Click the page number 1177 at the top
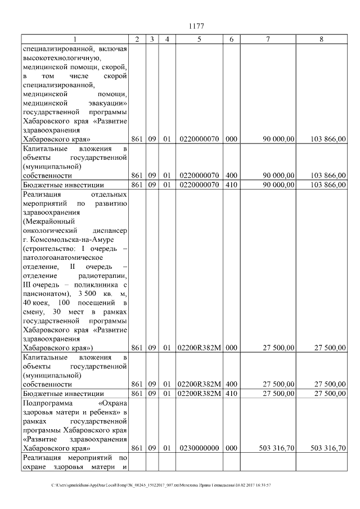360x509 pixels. pyautogui.click(x=196, y=26)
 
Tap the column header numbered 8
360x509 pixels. pyautogui.click(x=321, y=39)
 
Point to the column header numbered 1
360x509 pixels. pyautogui.click(x=75, y=39)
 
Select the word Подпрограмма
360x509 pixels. pyautogui.click(x=47, y=403)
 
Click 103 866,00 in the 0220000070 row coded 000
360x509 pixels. pyautogui.click(x=328, y=139)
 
